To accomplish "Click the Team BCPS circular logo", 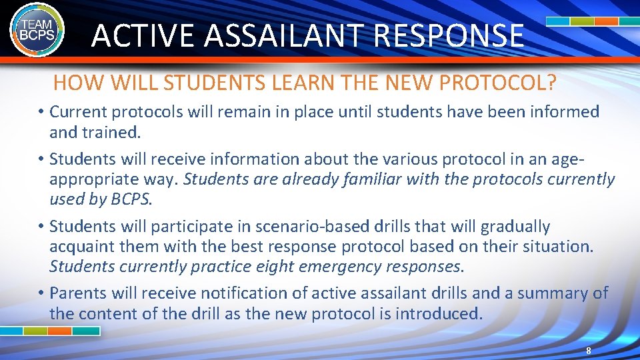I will point(37,30).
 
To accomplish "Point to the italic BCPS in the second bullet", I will point(133,199).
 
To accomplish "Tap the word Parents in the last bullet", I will point(81,293).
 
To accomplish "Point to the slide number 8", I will point(588,351).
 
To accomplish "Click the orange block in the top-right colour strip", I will point(606,21).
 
